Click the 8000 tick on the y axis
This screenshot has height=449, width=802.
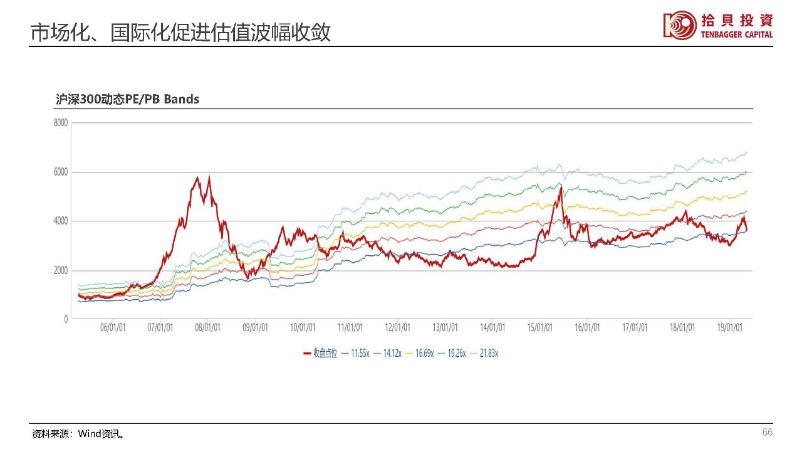pyautogui.click(x=60, y=123)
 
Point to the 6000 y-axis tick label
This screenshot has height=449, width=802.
pyautogui.click(x=60, y=172)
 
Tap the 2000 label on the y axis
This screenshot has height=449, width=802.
pyautogui.click(x=60, y=270)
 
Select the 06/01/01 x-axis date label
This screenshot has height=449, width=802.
pyautogui.click(x=113, y=328)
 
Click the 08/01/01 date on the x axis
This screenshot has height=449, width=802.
pyautogui.click(x=208, y=328)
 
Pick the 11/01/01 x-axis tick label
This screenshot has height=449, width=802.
pyautogui.click(x=350, y=328)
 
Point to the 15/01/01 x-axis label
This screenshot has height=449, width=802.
pyautogui.click(x=540, y=328)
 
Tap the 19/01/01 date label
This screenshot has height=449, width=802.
pyautogui.click(x=729, y=328)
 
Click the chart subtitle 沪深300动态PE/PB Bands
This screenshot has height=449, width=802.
pyautogui.click(x=127, y=99)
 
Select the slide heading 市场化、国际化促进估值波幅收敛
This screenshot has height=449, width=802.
pyautogui.click(x=180, y=33)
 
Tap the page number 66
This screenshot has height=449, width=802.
pyautogui.click(x=767, y=433)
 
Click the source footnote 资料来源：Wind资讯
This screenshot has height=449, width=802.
pyautogui.click(x=78, y=434)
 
